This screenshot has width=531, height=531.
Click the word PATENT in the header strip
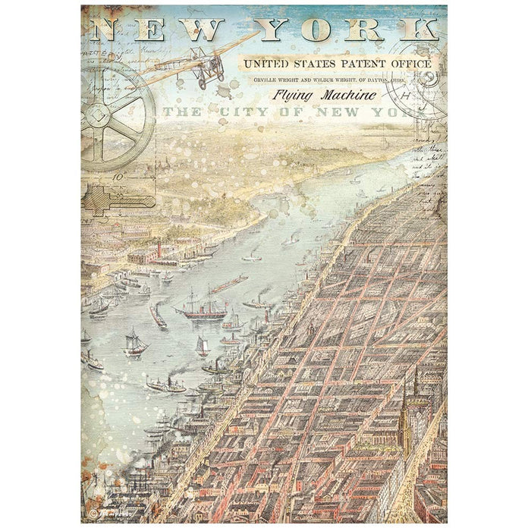pyautogui.click(x=360, y=64)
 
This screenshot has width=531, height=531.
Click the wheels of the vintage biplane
pyautogui.click(x=204, y=83)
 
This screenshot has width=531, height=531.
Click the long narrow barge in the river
pyautogui.click(x=228, y=284)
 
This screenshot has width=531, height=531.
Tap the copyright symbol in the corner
pyautogui.click(x=93, y=513)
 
